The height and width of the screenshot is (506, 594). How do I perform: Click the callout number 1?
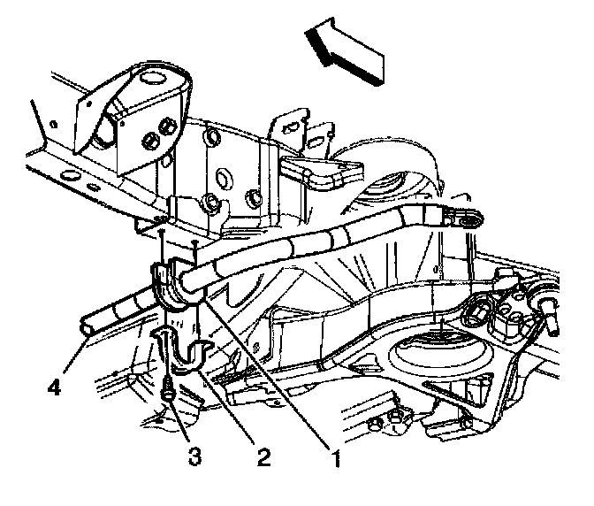tap(334, 461)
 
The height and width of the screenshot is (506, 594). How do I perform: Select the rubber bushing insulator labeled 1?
tap(173, 285)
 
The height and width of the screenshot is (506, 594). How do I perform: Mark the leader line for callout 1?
tap(265, 372)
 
